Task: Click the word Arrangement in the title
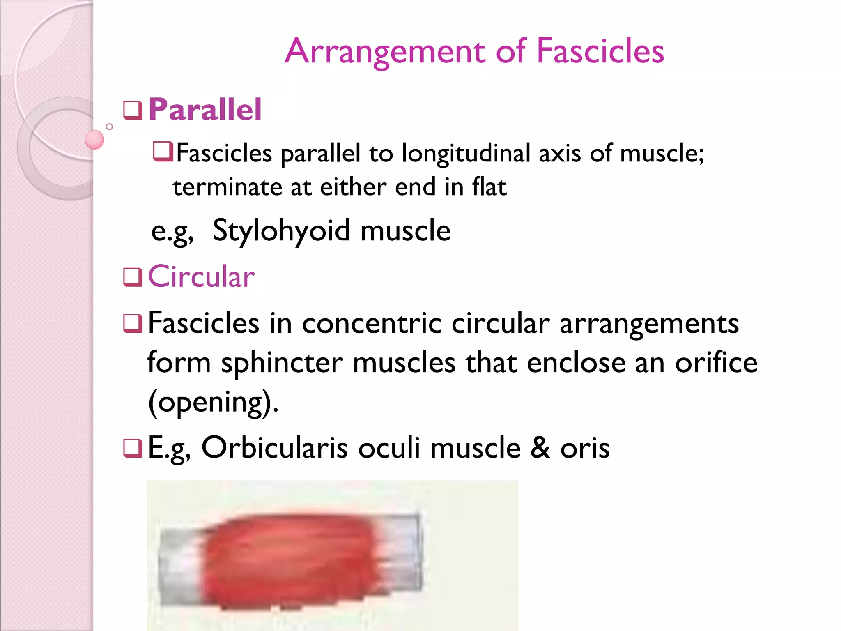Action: (385, 52)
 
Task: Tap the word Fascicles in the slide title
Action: (600, 51)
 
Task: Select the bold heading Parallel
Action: (205, 110)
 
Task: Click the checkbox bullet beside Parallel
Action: (133, 110)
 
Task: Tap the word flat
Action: (489, 187)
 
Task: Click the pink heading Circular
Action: (201, 276)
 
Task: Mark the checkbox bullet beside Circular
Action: (133, 277)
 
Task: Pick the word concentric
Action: (372, 323)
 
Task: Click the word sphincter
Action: (282, 363)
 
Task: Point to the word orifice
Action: (716, 363)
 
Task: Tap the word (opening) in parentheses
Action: (213, 403)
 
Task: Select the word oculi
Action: (389, 448)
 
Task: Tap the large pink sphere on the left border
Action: (94, 140)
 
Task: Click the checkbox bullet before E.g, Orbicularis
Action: (133, 448)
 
